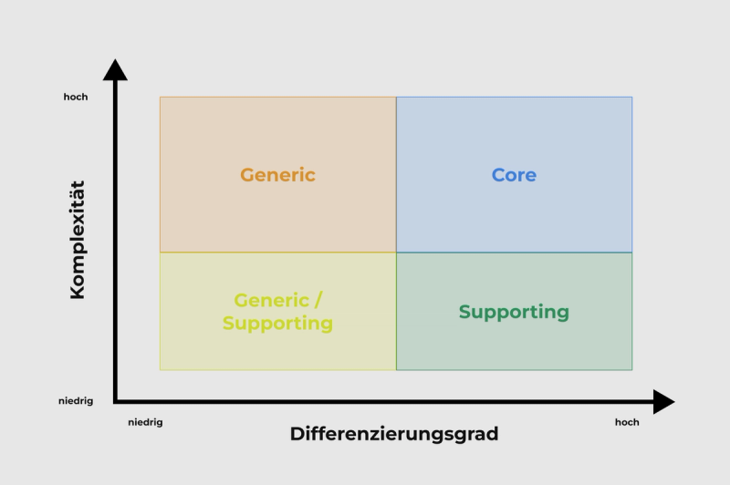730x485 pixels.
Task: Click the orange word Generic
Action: (x=277, y=175)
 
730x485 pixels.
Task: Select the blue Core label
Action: (x=514, y=175)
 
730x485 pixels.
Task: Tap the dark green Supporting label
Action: (x=514, y=312)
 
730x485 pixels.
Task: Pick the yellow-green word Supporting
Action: (x=277, y=324)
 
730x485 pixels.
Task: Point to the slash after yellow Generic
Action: (x=318, y=300)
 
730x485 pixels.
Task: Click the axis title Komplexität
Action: (x=78, y=239)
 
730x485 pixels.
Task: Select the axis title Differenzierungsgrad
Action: (x=394, y=434)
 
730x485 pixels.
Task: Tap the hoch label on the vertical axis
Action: (x=76, y=97)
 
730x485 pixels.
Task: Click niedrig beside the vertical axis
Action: (x=76, y=400)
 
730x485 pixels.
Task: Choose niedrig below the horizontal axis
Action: (x=145, y=422)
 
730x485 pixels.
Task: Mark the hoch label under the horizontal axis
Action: (x=627, y=422)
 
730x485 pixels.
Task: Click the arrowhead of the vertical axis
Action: (x=115, y=69)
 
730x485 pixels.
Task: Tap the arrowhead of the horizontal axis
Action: (x=664, y=401)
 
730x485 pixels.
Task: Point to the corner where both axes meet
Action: (x=116, y=401)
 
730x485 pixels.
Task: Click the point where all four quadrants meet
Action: (x=396, y=253)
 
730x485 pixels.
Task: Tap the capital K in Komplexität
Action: (x=78, y=290)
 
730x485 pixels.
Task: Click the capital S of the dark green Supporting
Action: (x=464, y=312)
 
